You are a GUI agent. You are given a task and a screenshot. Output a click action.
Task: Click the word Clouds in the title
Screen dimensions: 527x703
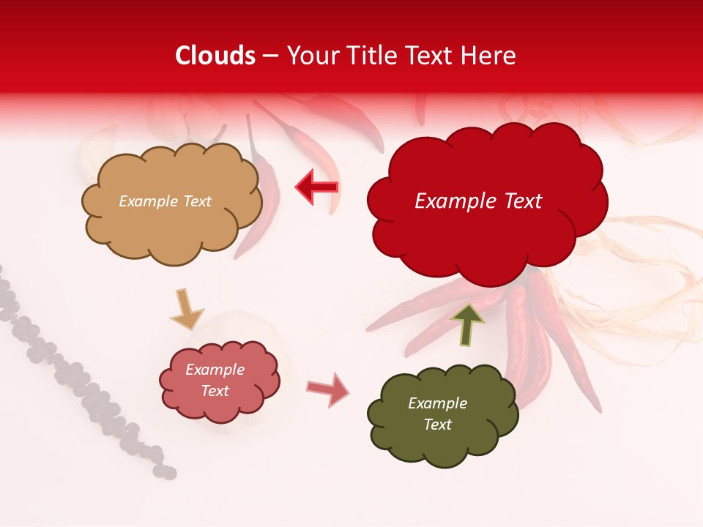[215, 56]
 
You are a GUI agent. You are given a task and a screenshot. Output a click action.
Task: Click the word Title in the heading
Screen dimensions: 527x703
[373, 56]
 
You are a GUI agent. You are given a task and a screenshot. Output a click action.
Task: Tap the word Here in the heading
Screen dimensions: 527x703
[489, 56]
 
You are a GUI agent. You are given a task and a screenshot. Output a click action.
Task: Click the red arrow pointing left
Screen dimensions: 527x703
[316, 187]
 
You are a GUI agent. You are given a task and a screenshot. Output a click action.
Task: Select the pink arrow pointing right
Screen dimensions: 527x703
[327, 389]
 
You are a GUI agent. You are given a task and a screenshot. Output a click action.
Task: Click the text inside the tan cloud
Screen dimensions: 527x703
[165, 201]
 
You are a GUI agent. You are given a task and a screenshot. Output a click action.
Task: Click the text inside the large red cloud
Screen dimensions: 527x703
[478, 201]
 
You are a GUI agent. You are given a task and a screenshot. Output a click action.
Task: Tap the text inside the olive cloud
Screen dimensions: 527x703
[437, 414]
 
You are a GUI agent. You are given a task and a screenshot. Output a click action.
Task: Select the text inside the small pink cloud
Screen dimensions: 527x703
[215, 381]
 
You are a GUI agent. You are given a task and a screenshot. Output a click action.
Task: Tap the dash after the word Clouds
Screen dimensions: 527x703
[270, 56]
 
